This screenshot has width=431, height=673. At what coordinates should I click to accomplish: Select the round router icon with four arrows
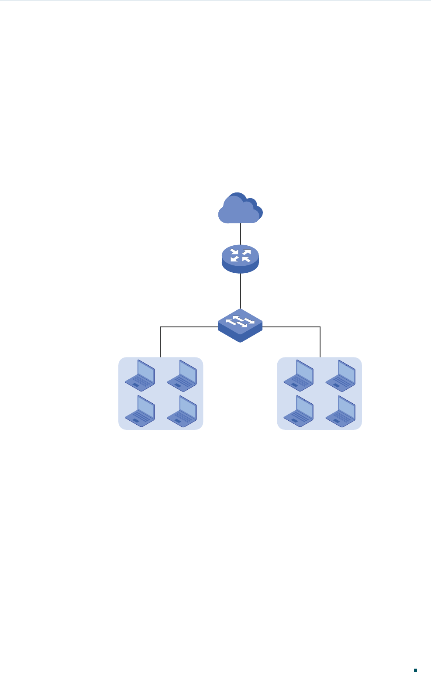click(240, 258)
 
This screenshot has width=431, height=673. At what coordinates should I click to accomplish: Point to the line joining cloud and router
click(241, 233)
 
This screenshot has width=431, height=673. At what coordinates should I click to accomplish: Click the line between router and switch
click(241, 291)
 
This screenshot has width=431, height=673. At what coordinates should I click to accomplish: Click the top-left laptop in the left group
click(140, 375)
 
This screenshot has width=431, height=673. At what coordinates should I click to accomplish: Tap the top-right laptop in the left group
click(182, 375)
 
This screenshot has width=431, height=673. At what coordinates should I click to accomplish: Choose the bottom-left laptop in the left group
click(140, 411)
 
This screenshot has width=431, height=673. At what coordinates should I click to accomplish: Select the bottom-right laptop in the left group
click(182, 411)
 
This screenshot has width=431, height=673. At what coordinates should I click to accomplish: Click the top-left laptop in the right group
click(299, 375)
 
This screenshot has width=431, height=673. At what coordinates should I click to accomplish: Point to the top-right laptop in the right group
click(341, 375)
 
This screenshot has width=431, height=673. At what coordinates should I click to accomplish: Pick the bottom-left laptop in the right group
click(299, 411)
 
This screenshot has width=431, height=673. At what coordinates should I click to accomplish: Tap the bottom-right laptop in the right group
click(341, 411)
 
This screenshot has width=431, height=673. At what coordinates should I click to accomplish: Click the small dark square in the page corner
click(416, 658)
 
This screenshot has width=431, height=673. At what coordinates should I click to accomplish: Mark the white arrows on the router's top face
click(240, 255)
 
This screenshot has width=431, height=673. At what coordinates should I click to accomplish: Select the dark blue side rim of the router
click(240, 269)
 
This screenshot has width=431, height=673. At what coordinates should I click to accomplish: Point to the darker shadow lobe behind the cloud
click(259, 211)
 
